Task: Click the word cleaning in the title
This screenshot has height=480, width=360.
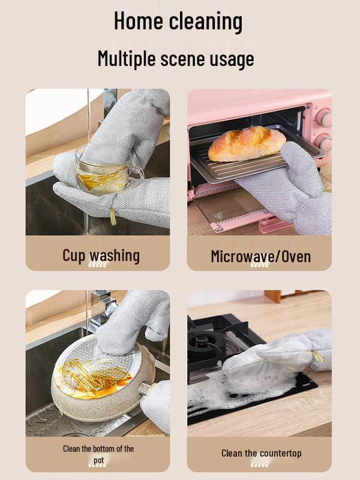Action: (205, 21)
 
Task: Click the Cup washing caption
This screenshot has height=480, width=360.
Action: (101, 255)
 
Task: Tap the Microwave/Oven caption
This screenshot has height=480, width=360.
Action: (260, 256)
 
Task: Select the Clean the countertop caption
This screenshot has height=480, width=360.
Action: (261, 453)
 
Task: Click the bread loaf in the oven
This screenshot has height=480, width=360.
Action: (246, 143)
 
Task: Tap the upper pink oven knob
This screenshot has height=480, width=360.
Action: (325, 118)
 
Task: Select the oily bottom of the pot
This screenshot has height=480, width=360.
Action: (90, 375)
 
